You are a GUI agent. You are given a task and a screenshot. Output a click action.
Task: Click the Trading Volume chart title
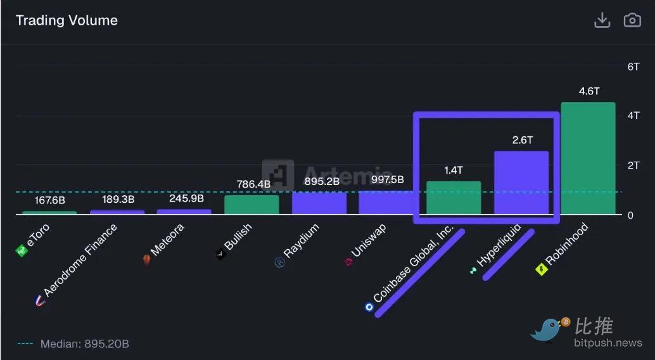click(67, 20)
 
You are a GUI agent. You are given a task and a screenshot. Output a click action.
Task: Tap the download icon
click(602, 20)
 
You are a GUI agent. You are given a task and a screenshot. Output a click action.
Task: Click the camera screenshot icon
click(632, 20)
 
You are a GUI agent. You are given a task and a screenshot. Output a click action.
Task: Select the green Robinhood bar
click(588, 158)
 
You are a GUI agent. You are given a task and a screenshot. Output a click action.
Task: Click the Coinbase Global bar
click(454, 198)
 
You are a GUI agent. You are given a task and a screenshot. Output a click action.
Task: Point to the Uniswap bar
click(386, 203)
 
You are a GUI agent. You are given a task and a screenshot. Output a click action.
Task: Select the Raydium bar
click(319, 203)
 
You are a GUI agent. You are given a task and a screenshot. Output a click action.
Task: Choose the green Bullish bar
click(251, 205)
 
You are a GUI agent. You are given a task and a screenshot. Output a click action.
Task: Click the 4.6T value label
click(588, 91)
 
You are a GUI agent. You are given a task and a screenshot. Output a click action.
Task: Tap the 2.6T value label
click(522, 140)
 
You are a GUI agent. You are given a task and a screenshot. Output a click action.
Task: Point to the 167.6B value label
click(49, 200)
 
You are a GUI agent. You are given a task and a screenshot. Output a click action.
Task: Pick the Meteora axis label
click(166, 241)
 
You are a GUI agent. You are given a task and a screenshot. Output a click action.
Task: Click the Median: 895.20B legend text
click(84, 344)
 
